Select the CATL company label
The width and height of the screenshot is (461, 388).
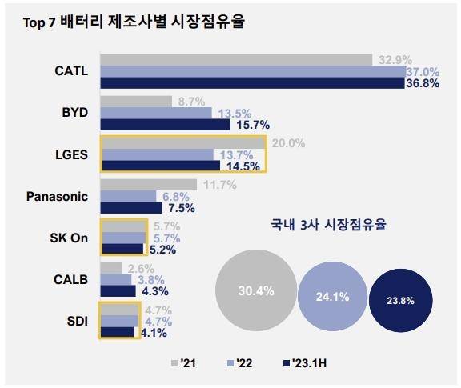click(70, 70)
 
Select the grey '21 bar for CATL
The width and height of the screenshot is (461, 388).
click(235, 59)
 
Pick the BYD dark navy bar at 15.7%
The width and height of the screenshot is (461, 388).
click(164, 124)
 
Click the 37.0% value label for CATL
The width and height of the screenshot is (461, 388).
click(422, 72)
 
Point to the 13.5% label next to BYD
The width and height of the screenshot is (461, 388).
click(230, 113)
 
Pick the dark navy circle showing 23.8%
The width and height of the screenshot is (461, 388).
click(401, 300)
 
